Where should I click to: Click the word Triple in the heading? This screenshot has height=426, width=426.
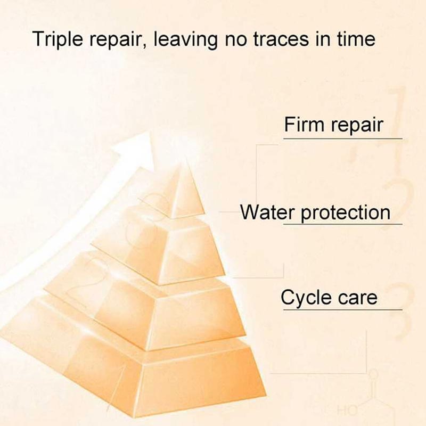pyautogui.click(x=58, y=39)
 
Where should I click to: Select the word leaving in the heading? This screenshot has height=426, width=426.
pyautogui.click(x=185, y=39)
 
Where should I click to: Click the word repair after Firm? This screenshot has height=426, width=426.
pyautogui.click(x=357, y=126)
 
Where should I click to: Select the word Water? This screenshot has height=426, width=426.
pyautogui.click(x=268, y=212)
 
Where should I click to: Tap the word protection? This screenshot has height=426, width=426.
pyautogui.click(x=346, y=213)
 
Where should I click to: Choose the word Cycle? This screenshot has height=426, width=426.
pyautogui.click(x=306, y=298)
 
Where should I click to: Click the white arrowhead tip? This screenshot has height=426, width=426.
pyautogui.click(x=149, y=132)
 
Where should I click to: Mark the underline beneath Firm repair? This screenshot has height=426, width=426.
pyautogui.click(x=342, y=139)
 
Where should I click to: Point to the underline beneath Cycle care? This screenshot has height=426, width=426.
pyautogui.click(x=342, y=309)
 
